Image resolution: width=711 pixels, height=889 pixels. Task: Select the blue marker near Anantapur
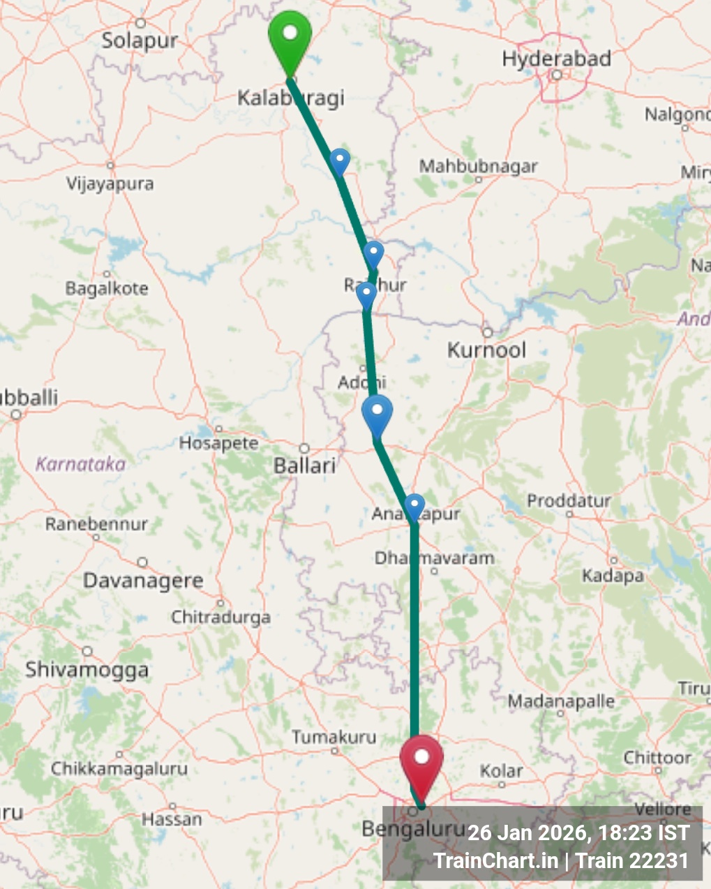414,506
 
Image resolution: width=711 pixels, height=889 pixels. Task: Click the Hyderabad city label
556,59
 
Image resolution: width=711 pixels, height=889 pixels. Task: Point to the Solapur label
140,40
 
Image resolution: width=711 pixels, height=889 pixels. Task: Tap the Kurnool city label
486,350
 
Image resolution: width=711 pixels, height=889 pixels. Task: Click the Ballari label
305,465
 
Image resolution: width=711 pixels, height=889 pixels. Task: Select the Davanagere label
143,581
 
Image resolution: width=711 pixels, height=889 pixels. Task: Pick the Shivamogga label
87,670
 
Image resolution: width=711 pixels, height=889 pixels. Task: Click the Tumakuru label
334,737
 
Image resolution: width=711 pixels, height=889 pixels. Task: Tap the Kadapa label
612,576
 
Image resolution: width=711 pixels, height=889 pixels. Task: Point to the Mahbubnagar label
478,167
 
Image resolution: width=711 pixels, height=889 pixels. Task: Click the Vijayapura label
110,184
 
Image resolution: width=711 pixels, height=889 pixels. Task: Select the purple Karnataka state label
80,464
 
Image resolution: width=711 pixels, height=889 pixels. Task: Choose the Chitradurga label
220,617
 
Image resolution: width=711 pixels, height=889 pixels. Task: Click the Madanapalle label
561,701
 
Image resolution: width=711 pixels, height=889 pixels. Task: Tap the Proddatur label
569,500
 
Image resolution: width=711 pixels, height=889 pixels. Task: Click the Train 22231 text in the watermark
632,860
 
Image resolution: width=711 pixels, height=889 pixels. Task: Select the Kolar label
501,771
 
